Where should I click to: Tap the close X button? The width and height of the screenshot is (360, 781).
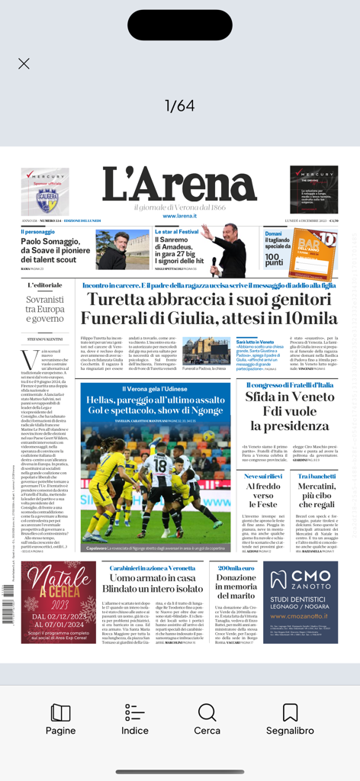(24, 64)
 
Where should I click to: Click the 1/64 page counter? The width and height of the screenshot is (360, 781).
(180, 106)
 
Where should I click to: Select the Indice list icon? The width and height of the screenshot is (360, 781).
(134, 719)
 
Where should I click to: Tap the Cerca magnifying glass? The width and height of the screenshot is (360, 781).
(207, 719)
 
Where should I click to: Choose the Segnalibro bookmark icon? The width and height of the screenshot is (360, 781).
(290, 719)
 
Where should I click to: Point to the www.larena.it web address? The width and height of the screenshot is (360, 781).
(180, 216)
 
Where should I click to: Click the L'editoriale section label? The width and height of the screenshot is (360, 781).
(45, 285)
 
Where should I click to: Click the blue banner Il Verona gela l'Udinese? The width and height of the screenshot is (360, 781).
(156, 389)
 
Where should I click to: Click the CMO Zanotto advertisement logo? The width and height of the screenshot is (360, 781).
(301, 579)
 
